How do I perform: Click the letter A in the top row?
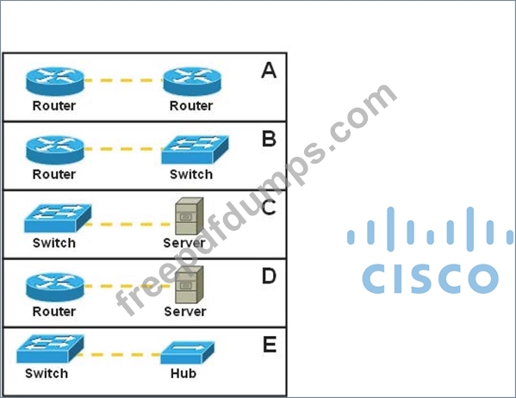coord(269,70)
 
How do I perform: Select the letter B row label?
coord(269,139)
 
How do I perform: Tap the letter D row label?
coord(269,276)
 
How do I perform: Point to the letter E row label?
coord(270,345)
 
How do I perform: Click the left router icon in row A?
coord(55,81)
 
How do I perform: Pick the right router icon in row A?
coord(192,81)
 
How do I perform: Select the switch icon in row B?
coord(195,150)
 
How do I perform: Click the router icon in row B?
coord(55,150)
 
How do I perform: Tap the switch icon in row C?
coord(58,218)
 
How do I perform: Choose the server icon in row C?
coord(189,216)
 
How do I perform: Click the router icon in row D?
coord(55,287)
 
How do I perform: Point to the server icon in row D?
coord(189,285)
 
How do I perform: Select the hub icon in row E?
coord(187,352)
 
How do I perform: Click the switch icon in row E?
coord(50,349)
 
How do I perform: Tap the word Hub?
coord(183,374)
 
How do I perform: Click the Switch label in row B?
coord(191,175)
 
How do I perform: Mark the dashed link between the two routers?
coord(124,80)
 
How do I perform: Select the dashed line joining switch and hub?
coord(119,355)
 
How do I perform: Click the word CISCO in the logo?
coord(430,278)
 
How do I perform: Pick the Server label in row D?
coord(185,311)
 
